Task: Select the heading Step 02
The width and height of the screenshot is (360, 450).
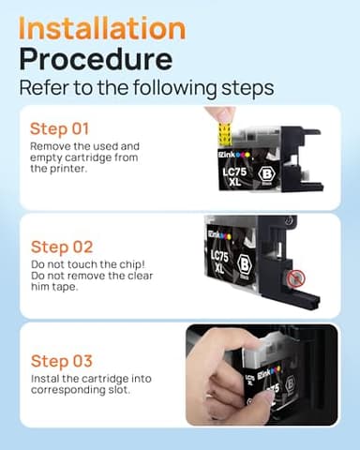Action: (63, 247)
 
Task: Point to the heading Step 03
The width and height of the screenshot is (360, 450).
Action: (63, 360)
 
